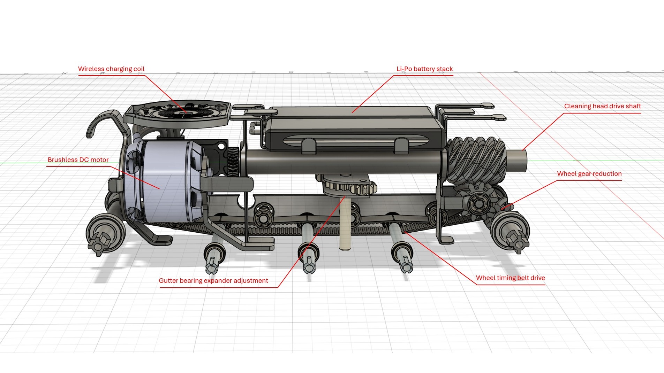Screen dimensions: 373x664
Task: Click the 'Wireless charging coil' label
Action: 111,69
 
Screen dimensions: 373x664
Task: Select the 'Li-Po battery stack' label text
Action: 424,69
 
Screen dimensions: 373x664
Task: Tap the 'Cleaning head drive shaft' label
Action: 602,106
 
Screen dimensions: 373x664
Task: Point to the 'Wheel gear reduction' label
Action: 589,174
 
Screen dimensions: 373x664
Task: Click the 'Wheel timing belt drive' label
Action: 510,278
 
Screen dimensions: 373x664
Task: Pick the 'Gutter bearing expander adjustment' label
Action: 213,281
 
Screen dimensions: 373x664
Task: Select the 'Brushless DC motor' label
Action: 78,160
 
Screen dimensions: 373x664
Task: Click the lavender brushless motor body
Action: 164,181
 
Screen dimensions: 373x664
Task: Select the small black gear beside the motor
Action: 233,162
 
